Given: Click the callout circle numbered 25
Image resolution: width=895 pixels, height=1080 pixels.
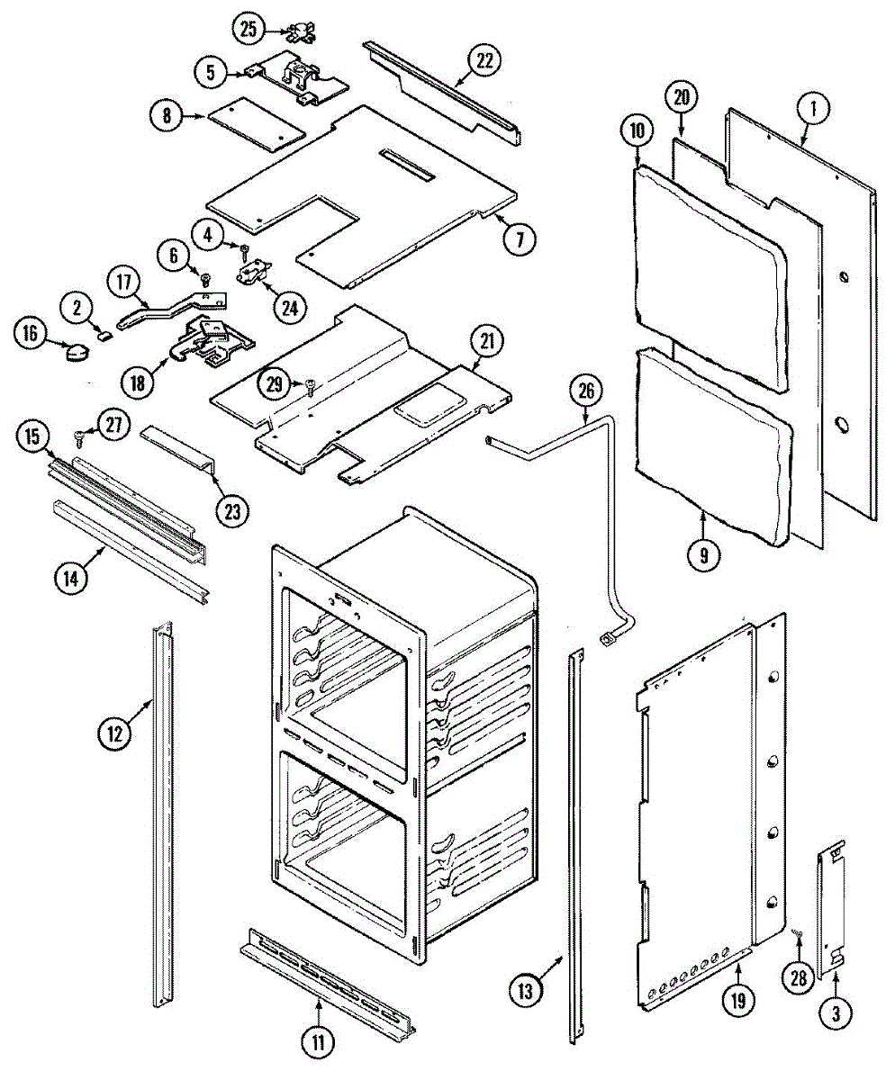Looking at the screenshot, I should tap(249, 29).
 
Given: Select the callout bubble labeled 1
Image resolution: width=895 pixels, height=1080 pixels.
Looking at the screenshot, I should tap(812, 111).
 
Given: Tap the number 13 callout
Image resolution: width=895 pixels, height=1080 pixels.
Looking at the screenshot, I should tap(526, 991).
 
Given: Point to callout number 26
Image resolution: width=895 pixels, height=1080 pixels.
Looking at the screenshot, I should tap(585, 391).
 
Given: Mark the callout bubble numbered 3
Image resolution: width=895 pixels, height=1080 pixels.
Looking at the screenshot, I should tap(836, 1014).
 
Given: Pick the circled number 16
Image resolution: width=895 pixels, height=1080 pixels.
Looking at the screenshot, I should tap(31, 334).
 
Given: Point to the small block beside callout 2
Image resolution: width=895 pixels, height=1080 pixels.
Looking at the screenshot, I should tap(105, 337).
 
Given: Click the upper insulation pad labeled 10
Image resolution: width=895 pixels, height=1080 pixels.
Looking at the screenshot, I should tap(707, 270).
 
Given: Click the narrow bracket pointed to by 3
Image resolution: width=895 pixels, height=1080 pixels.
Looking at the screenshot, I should tap(832, 909).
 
